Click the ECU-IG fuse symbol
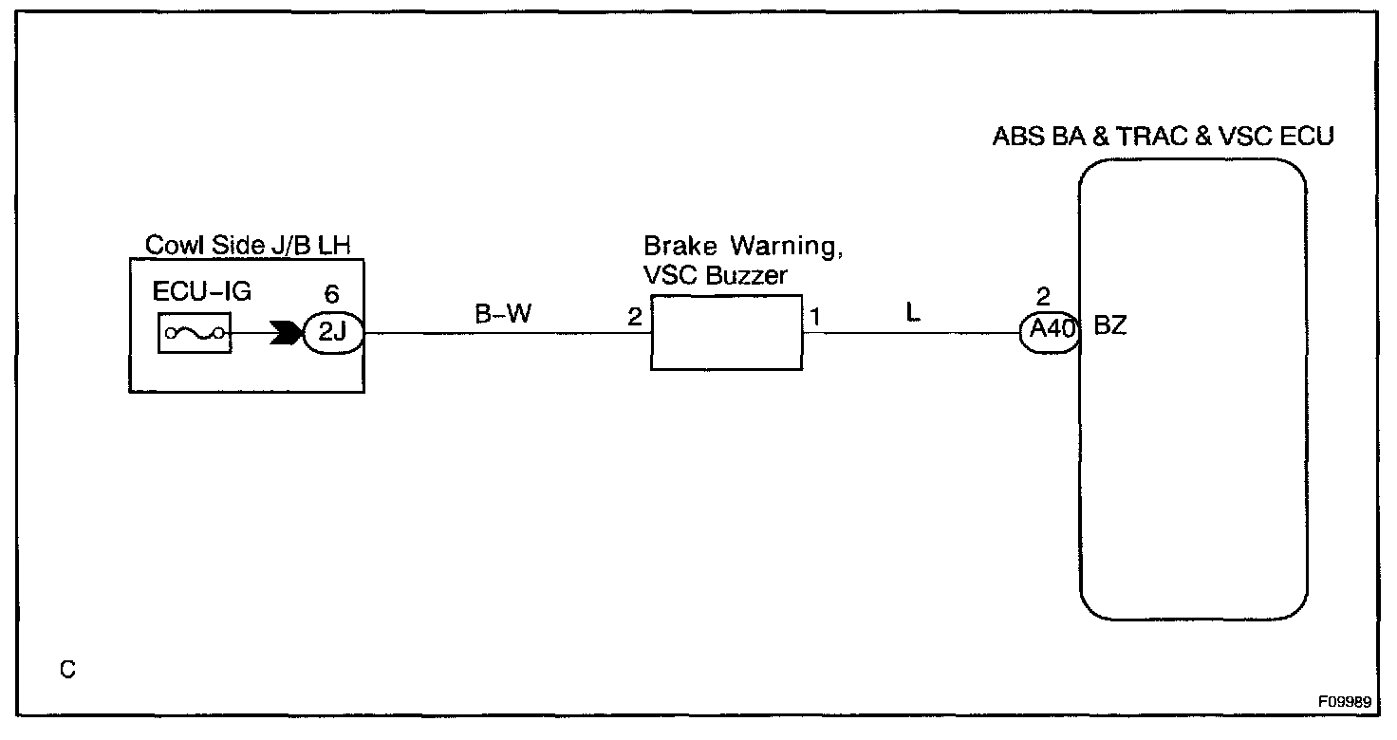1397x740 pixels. tap(194, 333)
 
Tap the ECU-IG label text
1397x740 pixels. tap(203, 292)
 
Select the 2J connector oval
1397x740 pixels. tap(333, 333)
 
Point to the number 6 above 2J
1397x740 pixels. tap(331, 295)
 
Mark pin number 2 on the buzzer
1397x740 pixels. tap(634, 317)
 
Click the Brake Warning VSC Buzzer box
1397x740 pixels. tap(726, 333)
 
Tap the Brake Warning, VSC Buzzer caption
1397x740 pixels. tap(743, 261)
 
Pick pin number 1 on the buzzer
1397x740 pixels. tap(815, 317)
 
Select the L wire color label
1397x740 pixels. tap(913, 314)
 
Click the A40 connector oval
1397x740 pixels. tap(1050, 333)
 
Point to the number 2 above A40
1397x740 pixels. tap(1044, 295)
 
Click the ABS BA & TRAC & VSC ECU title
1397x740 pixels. tap(1164, 137)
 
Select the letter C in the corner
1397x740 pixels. tap(67, 670)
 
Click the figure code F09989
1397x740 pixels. tap(1344, 703)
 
